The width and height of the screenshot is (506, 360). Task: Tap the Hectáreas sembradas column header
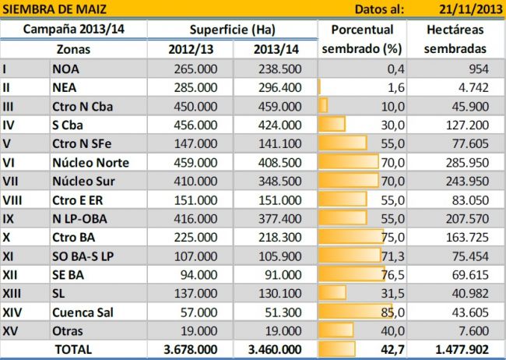455,38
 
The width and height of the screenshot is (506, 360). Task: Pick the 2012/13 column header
190,48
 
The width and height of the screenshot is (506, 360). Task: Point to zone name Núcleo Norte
90,162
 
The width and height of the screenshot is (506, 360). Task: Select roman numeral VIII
12,199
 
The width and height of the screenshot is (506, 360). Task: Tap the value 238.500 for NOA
279,69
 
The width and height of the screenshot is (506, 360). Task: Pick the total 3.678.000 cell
191,350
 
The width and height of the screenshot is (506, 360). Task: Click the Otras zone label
69,330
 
